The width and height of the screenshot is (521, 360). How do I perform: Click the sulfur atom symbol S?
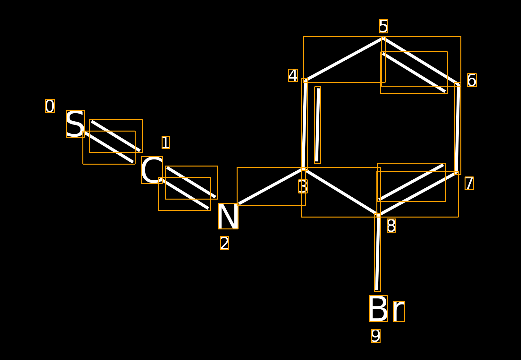tap(75, 124)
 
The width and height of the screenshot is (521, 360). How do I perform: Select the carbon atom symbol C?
tap(152, 170)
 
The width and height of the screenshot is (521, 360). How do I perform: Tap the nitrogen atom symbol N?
tap(228, 216)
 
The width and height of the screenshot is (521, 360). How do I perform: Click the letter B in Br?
tap(378, 309)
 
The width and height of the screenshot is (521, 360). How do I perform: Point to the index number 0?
tap(50, 106)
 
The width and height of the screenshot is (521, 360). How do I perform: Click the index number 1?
tap(166, 142)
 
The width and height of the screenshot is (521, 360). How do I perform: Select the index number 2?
tap(224, 243)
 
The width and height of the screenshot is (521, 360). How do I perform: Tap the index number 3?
tap(303, 186)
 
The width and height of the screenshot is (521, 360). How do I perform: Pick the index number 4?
tap(293, 75)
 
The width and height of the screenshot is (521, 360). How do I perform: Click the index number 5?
tap(383, 26)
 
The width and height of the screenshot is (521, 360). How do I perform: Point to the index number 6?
tap(472, 80)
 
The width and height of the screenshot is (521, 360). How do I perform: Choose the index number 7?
tap(469, 184)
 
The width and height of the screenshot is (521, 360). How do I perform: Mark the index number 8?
tap(391, 226)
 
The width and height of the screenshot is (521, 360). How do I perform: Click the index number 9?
tap(376, 336)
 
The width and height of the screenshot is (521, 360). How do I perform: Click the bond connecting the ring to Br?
tap(378, 253)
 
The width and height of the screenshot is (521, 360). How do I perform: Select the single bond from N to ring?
tap(271, 186)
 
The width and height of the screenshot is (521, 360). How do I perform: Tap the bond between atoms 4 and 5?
tap(344, 59)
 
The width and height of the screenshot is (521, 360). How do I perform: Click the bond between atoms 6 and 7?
tap(458, 128)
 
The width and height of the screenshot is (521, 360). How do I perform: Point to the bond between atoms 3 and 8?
tap(341, 192)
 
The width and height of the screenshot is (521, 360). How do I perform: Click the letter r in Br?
tap(399, 312)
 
